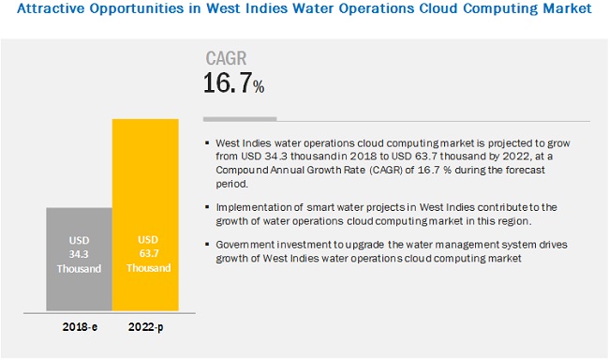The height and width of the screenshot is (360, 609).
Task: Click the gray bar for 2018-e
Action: (79, 259)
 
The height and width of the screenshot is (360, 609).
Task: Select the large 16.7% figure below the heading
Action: (234, 84)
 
